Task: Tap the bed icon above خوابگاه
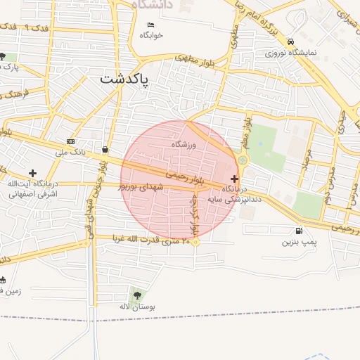(x=150, y=25)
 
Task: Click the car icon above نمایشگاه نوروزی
(x=290, y=41)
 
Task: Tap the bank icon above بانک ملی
(x=70, y=141)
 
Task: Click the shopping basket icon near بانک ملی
(x=105, y=149)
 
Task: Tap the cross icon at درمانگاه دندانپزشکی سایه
(x=234, y=179)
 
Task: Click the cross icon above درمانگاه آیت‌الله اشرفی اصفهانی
(x=32, y=172)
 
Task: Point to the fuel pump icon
(x=300, y=231)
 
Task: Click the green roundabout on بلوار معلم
(x=243, y=160)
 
